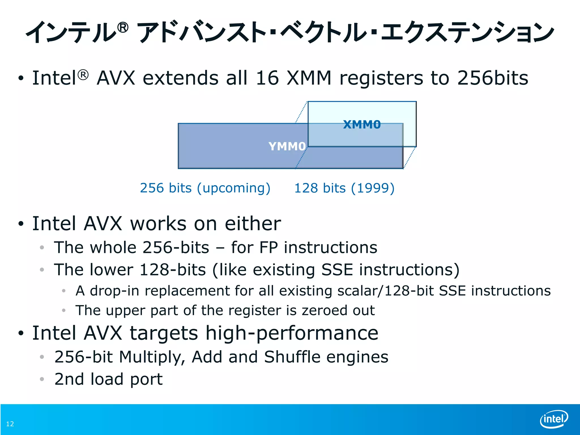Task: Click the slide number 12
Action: pos(10,424)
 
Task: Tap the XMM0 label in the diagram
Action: pos(362,125)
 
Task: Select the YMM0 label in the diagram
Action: pos(287,146)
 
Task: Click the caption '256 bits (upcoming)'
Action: pos(205,188)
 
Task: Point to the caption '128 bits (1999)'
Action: pos(344,188)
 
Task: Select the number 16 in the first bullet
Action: pos(267,78)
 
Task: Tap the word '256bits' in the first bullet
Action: pos(493,78)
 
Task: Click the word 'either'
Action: pos(253,224)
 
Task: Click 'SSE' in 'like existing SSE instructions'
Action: pos(337,270)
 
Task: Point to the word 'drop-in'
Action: pos(114,291)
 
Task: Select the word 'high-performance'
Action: pos(292,333)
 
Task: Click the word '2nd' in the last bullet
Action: pos(69,379)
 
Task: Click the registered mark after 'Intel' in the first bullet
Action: pos(83,75)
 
